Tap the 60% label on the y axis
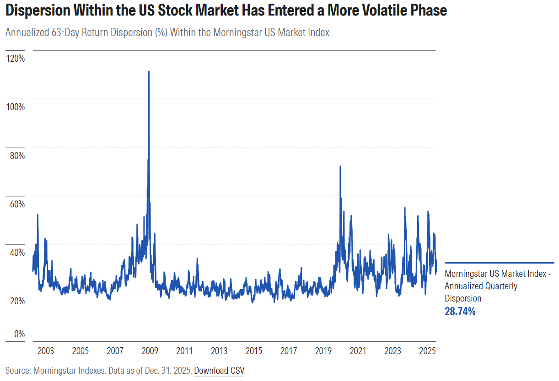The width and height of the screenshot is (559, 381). [x=16, y=204]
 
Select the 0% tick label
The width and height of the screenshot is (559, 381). [x=19, y=334]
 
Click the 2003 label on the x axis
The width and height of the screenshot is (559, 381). [x=45, y=351]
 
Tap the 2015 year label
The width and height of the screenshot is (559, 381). [x=254, y=351]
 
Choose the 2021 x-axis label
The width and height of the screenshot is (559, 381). [x=358, y=351]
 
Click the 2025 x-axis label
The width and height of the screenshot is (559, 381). [x=427, y=351]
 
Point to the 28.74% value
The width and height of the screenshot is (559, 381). [x=460, y=312]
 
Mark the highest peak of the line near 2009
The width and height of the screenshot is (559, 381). [x=149, y=72]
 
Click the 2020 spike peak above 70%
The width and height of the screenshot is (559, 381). [x=340, y=167]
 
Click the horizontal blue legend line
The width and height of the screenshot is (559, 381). [x=499, y=263]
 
